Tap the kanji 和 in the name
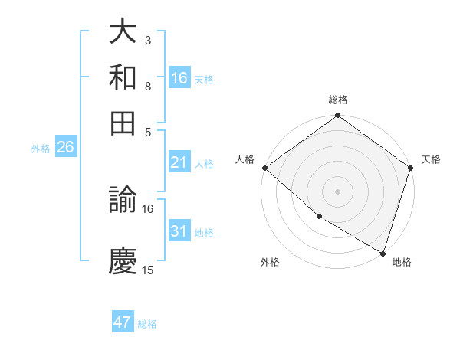pyautogui.click(x=123, y=77)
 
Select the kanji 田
pyautogui.click(x=123, y=122)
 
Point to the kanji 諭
pyautogui.click(x=123, y=201)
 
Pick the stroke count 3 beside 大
pyautogui.click(x=148, y=40)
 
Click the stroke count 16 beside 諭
pyautogui.click(x=148, y=208)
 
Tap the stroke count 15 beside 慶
pyautogui.click(x=148, y=270)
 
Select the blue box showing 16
pyautogui.click(x=179, y=78)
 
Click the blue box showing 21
pyautogui.click(x=179, y=162)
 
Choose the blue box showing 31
pyautogui.click(x=179, y=231)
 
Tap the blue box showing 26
pyautogui.click(x=65, y=148)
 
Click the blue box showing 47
pyautogui.click(x=123, y=322)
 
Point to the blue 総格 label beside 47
pyautogui.click(x=147, y=324)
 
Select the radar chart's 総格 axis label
pyautogui.click(x=337, y=100)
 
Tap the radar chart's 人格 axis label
pyautogui.click(x=246, y=159)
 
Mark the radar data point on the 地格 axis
pyautogui.click(x=383, y=252)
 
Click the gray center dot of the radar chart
pyautogui.click(x=337, y=191)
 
